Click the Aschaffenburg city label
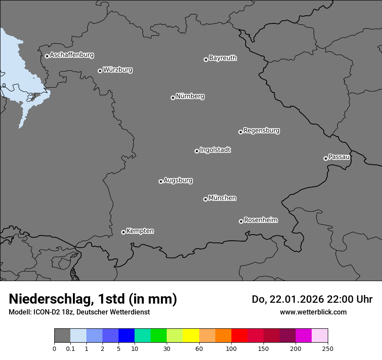pyautogui.click(x=72, y=55)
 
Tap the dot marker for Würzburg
pyautogui.click(x=100, y=71)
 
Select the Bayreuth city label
pyautogui.click(x=223, y=58)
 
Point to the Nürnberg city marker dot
pyautogui.click(x=173, y=98)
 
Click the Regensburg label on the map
pyautogui.click(x=261, y=131)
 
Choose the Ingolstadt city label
pyautogui.click(x=215, y=150)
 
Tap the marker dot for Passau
pyautogui.click(x=326, y=158)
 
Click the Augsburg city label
pyautogui.click(x=178, y=180)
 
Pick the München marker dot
pyautogui.click(x=205, y=199)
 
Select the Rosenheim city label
pyautogui.click(x=260, y=220)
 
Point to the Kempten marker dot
pyautogui.click(x=123, y=232)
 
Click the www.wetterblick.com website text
pyautogui.click(x=313, y=312)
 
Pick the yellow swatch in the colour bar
pyautogui.click(x=191, y=336)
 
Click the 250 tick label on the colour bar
pyautogui.click(x=328, y=348)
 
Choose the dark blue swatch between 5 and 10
pyautogui.click(x=126, y=336)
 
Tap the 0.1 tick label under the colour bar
pyautogui.click(x=70, y=348)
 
